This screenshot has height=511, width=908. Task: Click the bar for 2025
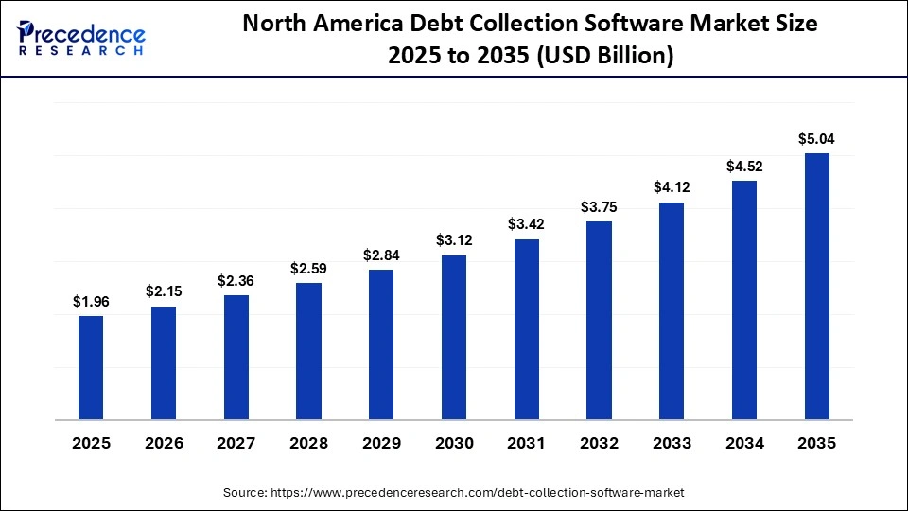tap(91, 366)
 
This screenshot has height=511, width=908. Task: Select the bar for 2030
tap(454, 336)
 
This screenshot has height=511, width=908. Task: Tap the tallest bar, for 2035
tap(816, 285)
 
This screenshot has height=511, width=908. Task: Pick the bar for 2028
tap(308, 350)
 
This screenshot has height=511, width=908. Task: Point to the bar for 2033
tap(672, 309)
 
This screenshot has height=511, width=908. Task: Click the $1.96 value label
tap(91, 302)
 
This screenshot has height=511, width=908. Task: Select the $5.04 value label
tap(816, 139)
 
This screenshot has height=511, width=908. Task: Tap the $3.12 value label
tap(454, 241)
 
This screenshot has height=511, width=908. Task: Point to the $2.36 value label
tap(236, 281)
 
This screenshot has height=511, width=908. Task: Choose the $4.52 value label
tap(744, 167)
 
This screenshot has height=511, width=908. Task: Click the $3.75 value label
tap(599, 207)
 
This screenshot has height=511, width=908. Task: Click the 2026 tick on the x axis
tap(164, 443)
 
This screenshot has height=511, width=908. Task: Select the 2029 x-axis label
tap(381, 443)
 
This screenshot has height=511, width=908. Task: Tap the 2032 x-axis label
tap(599, 443)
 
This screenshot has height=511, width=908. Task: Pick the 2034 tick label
tap(744, 443)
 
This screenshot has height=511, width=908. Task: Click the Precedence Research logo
tap(81, 38)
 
